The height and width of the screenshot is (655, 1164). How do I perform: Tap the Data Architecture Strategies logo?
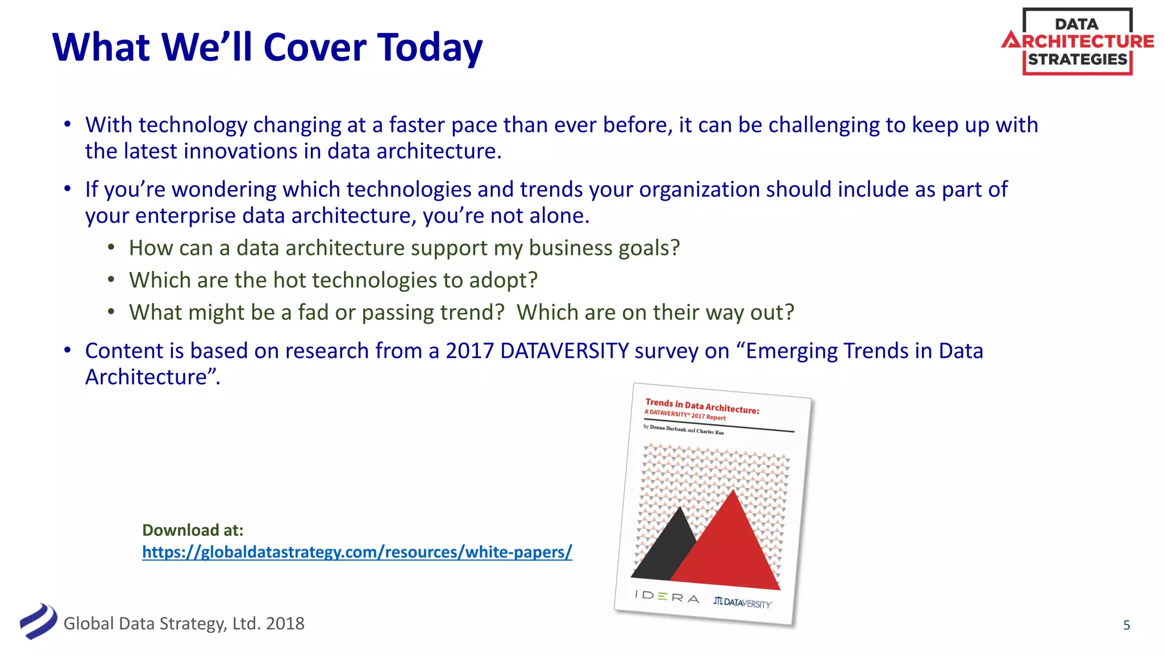coord(1078,42)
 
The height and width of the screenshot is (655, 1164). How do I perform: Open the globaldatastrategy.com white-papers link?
coord(357,552)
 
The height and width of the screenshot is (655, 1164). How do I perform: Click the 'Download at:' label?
coord(193,530)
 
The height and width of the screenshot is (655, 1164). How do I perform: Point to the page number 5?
coord(1126,625)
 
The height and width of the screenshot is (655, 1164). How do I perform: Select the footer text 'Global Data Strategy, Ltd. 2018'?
coord(184,624)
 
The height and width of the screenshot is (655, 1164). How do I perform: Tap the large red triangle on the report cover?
coord(730,546)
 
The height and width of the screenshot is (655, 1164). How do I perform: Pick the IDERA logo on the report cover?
coord(667,596)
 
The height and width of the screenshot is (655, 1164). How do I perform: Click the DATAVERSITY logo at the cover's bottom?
coord(743,602)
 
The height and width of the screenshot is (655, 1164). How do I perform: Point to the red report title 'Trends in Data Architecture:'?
coord(702,406)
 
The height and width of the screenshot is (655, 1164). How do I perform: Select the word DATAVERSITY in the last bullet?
coord(564,351)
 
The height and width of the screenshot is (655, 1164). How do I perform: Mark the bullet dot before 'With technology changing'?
coord(68,125)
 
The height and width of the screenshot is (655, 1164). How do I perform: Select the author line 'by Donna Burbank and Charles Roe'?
coord(683,429)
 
